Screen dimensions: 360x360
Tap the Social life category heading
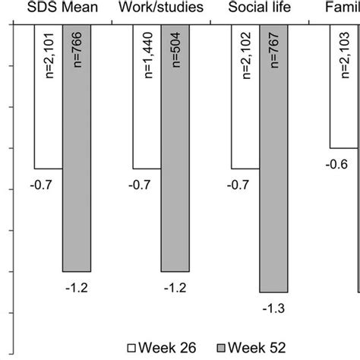click(x=259, y=8)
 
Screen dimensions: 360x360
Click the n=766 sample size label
click(x=77, y=50)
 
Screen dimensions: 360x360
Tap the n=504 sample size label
click(x=175, y=50)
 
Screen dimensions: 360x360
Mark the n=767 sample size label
click(x=273, y=50)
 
